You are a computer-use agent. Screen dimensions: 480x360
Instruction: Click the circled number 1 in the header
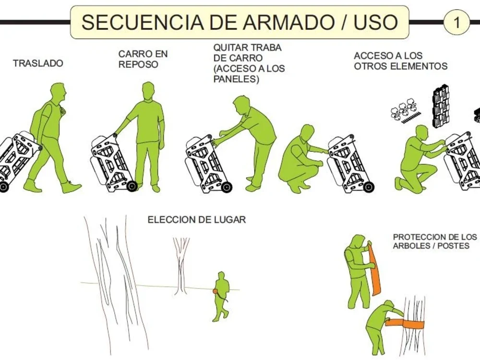pyautogui.click(x=456, y=22)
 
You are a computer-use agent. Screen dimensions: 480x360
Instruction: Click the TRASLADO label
pyautogui.click(x=38, y=63)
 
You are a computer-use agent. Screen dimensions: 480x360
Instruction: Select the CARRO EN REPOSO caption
pyautogui.click(x=143, y=59)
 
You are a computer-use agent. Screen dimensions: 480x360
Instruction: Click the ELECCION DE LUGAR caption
pyautogui.click(x=196, y=220)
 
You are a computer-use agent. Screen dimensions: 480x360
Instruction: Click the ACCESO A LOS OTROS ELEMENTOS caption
pyautogui.click(x=401, y=61)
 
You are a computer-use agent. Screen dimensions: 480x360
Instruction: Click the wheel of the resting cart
pyautogui.click(x=132, y=186)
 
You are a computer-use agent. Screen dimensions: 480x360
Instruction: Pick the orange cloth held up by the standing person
pyautogui.click(x=374, y=269)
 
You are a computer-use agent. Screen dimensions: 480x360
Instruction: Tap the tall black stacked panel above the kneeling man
pyautogui.click(x=441, y=107)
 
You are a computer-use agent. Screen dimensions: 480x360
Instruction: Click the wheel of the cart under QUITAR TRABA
pyautogui.click(x=227, y=187)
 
